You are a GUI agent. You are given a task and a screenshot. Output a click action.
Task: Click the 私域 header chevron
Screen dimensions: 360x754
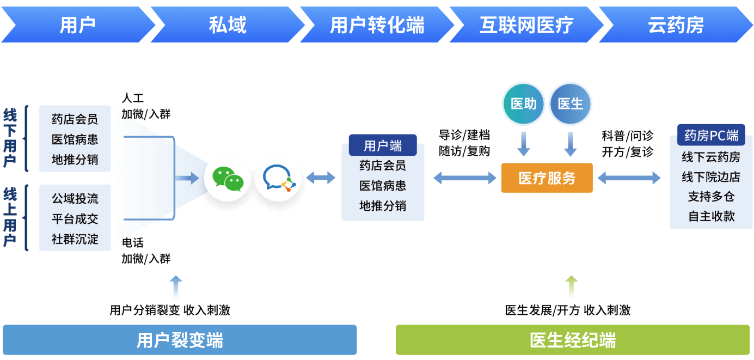point(228,25)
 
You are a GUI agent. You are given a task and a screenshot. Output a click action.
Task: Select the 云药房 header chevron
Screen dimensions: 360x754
point(676,25)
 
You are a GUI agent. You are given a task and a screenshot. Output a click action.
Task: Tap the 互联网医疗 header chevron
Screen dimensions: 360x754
point(526,25)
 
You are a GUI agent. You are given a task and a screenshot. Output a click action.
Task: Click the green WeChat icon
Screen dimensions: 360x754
point(228,178)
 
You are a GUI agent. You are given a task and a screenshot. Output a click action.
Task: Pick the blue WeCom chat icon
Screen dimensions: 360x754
point(278,178)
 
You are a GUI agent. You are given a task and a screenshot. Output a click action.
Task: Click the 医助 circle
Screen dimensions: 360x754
point(524,104)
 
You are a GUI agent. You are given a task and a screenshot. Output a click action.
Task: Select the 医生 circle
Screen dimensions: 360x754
point(570,104)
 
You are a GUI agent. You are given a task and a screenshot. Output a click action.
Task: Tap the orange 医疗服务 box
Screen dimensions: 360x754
point(547,178)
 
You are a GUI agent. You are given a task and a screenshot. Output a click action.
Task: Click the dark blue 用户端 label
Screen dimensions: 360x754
point(383,145)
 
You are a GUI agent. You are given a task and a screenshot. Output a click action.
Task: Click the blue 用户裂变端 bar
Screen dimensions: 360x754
point(180,340)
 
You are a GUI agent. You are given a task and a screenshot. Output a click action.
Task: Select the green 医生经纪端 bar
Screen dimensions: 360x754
point(573,340)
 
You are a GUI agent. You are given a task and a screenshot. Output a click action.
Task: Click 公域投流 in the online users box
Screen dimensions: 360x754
point(75,198)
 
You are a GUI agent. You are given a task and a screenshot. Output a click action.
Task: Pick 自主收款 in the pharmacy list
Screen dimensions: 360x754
point(711,216)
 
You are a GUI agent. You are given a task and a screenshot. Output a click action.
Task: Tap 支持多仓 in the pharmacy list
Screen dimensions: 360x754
point(711,197)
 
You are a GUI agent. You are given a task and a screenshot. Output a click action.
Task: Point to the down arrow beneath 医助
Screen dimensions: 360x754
point(524,143)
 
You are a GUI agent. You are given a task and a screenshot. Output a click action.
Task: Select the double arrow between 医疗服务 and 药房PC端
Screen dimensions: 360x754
point(629,178)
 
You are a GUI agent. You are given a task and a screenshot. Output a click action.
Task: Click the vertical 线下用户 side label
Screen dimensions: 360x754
point(10,137)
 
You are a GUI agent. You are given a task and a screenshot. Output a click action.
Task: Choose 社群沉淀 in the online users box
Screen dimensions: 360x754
point(75,239)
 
